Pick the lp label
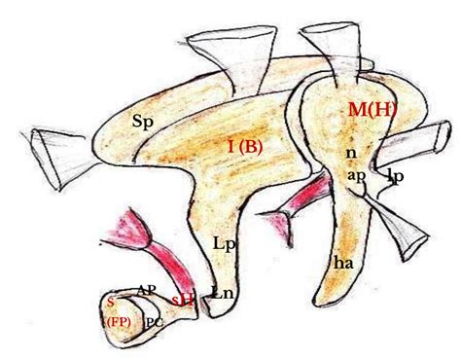click(x=394, y=176)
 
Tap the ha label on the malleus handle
click(x=341, y=261)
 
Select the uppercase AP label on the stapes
click(x=147, y=290)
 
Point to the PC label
click(x=154, y=320)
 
